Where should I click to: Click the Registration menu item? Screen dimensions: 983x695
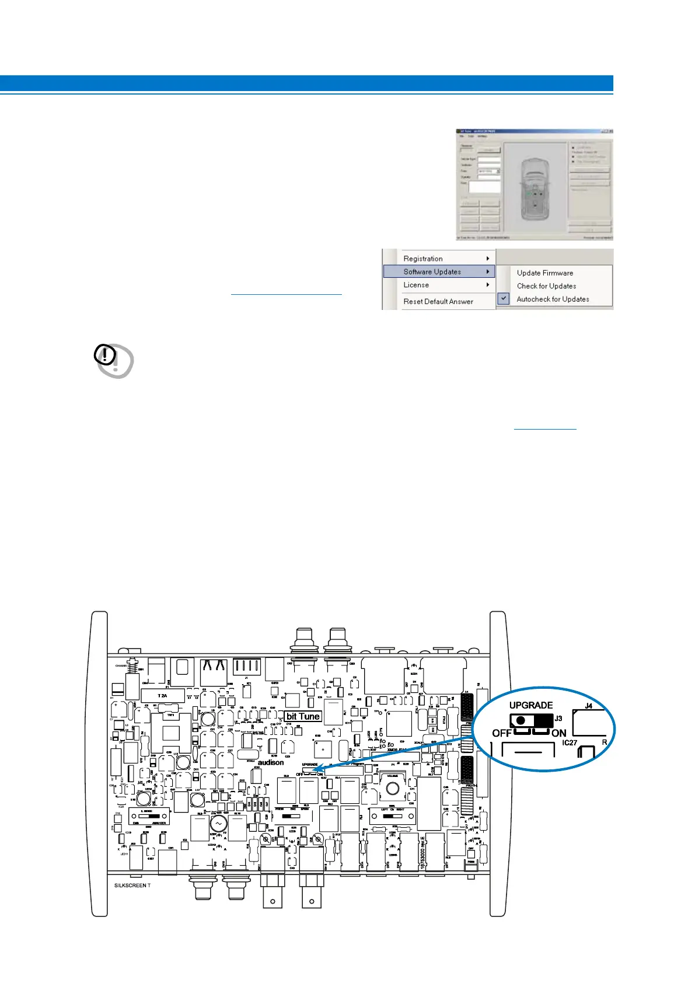pyautogui.click(x=423, y=259)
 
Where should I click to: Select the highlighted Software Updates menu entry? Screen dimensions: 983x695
pyautogui.click(x=432, y=271)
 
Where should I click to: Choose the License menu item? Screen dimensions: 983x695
pyautogui.click(x=416, y=285)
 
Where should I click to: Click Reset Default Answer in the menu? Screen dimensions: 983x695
pyautogui.click(x=438, y=301)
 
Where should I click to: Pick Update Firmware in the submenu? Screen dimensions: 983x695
pyautogui.click(x=544, y=273)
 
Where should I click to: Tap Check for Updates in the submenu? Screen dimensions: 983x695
pyautogui.click(x=546, y=286)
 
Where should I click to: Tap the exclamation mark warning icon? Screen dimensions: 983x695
pyautogui.click(x=105, y=355)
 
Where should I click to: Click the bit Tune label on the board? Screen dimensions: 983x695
pyautogui.click(x=303, y=716)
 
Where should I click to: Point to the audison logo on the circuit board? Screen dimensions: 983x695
pyautogui.click(x=271, y=762)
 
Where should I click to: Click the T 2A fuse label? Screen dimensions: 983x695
pyautogui.click(x=162, y=696)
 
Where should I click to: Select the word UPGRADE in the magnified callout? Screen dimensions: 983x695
pyautogui.click(x=530, y=705)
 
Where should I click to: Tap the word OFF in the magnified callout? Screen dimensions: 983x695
pyautogui.click(x=502, y=733)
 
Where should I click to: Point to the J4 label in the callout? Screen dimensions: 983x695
pyautogui.click(x=589, y=706)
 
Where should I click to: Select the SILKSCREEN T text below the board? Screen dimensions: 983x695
pyautogui.click(x=132, y=886)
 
